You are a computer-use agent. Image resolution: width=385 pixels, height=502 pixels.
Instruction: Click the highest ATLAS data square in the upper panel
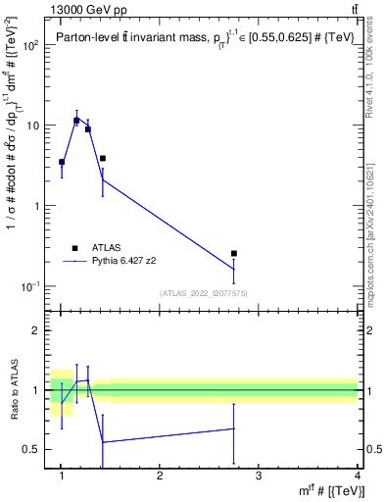[76, 121]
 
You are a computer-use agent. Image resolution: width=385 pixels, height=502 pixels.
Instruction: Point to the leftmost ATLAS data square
[62, 162]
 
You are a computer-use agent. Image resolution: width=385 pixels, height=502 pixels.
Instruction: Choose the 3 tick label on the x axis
[259, 476]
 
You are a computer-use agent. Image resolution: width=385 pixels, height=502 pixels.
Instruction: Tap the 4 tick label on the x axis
[357, 476]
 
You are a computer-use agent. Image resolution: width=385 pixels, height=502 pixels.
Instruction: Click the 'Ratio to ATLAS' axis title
[13, 389]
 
